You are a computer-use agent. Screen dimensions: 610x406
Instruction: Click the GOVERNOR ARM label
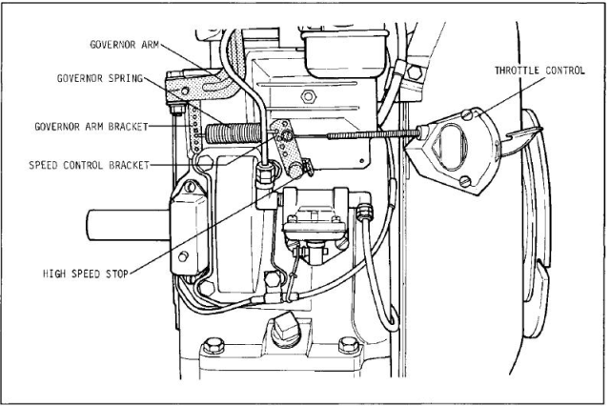coord(125,45)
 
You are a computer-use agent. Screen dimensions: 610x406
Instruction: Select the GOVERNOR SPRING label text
coord(100,78)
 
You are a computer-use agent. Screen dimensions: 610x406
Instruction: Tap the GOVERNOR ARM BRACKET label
coord(91,127)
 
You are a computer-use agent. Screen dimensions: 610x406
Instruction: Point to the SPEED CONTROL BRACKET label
coord(89,165)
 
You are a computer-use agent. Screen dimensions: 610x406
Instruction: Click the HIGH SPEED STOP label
coord(86,274)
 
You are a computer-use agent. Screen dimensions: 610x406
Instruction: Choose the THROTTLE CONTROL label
coord(539,71)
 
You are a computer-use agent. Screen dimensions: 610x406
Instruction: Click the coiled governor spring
coord(232,133)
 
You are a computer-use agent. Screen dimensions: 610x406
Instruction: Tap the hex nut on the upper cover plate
coord(308,95)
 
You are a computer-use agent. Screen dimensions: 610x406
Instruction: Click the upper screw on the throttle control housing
coord(467,114)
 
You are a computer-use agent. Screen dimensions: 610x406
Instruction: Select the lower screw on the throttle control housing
coord(465,181)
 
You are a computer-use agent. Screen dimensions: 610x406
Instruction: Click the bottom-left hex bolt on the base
coord(213,345)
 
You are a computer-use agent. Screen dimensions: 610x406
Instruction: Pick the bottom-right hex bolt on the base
coord(349,345)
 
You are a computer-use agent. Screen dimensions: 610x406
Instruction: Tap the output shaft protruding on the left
coord(128,225)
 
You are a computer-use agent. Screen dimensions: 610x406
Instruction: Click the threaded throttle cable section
coord(373,134)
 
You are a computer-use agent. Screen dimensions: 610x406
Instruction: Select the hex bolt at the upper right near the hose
coord(415,72)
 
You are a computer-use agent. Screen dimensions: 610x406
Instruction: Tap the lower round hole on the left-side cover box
coord(182,256)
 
